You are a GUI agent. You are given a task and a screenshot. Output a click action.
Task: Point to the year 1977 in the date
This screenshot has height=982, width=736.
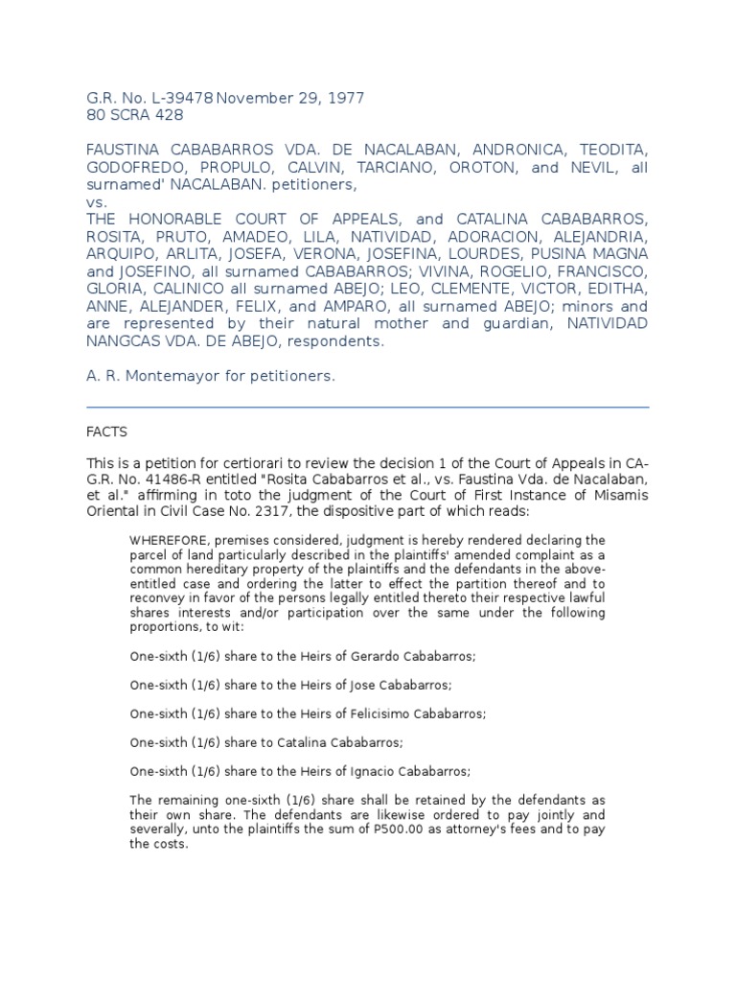point(344,98)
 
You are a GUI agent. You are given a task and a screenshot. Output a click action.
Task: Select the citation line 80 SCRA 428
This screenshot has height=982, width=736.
point(134,116)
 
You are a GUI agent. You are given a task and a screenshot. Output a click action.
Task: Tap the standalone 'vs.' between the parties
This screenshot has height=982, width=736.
point(97,203)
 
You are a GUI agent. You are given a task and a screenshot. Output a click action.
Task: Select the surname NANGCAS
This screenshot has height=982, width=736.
point(126,340)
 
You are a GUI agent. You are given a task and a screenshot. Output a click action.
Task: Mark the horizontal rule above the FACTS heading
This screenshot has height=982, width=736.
point(367,407)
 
